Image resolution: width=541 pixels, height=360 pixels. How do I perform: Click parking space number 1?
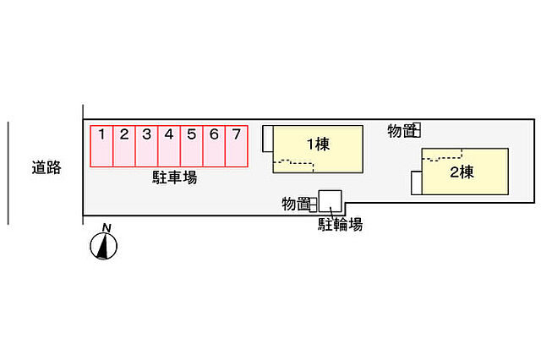click(101, 146)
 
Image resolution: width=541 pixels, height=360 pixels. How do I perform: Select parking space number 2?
click(124, 146)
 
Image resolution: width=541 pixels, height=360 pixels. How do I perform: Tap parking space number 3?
click(146, 146)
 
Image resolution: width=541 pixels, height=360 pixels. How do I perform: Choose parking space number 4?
click(169, 146)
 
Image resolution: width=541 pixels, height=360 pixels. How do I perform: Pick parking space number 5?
click(192, 146)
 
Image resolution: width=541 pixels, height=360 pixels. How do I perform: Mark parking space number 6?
click(214, 146)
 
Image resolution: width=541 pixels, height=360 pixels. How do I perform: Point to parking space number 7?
click(237, 146)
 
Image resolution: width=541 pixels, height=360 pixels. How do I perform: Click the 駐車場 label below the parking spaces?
click(175, 177)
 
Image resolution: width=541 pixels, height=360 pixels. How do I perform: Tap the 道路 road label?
click(46, 167)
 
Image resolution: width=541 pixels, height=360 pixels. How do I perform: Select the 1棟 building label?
click(318, 145)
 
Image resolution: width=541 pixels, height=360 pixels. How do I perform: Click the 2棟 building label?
click(462, 172)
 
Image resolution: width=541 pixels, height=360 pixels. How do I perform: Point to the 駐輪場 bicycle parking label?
click(340, 225)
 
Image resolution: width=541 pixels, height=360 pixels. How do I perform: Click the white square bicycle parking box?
click(331, 201)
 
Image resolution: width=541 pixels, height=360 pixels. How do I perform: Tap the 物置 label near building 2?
click(400, 131)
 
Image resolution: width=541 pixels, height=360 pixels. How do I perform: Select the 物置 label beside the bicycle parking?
click(295, 204)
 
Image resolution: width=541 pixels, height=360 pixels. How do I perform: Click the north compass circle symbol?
click(103, 246)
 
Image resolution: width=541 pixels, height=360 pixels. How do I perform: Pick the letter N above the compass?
click(107, 228)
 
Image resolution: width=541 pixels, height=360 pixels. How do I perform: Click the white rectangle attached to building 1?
click(268, 139)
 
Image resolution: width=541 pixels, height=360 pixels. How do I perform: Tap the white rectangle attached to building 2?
click(417, 183)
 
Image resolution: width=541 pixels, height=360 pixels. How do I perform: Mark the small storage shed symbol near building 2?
click(417, 130)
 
